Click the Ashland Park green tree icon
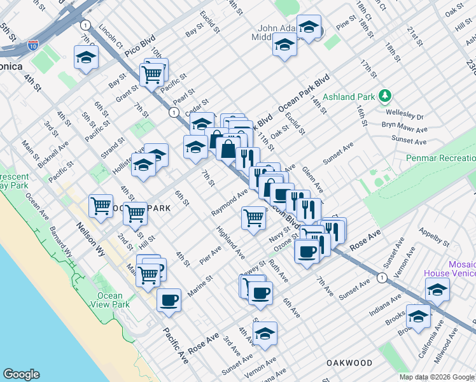click(x=384, y=96)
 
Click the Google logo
click(x=21, y=374)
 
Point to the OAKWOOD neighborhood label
click(x=349, y=362)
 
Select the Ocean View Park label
click(x=110, y=300)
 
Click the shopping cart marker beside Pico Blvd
click(x=152, y=74)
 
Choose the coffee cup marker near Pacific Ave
click(x=169, y=300)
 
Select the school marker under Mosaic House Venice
click(x=437, y=289)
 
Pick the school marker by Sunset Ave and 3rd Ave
click(x=265, y=333)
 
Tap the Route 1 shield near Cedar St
click(x=173, y=112)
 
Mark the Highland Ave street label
click(x=230, y=243)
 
